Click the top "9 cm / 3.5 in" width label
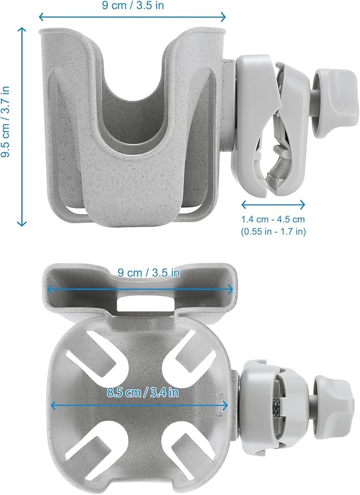(133, 7)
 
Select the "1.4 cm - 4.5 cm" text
(273, 219)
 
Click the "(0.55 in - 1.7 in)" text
(273, 231)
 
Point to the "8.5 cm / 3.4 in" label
(142, 393)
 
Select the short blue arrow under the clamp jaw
(273, 204)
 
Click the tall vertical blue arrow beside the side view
(22, 127)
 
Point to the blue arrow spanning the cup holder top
(133, 17)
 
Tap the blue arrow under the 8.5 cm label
(139, 405)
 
